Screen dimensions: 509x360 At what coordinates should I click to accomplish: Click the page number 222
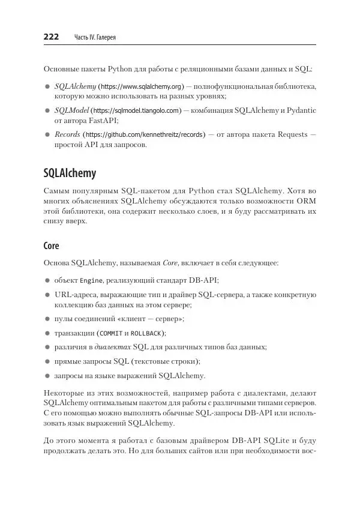point(51,37)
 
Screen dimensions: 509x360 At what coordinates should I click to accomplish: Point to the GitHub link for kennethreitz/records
point(144,134)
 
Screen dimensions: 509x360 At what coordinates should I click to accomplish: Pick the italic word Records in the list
point(67,134)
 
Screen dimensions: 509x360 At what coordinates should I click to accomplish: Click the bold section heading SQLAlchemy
point(70,173)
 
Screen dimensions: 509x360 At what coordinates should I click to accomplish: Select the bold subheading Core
point(51,246)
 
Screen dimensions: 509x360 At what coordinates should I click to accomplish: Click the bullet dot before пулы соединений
point(47,319)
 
